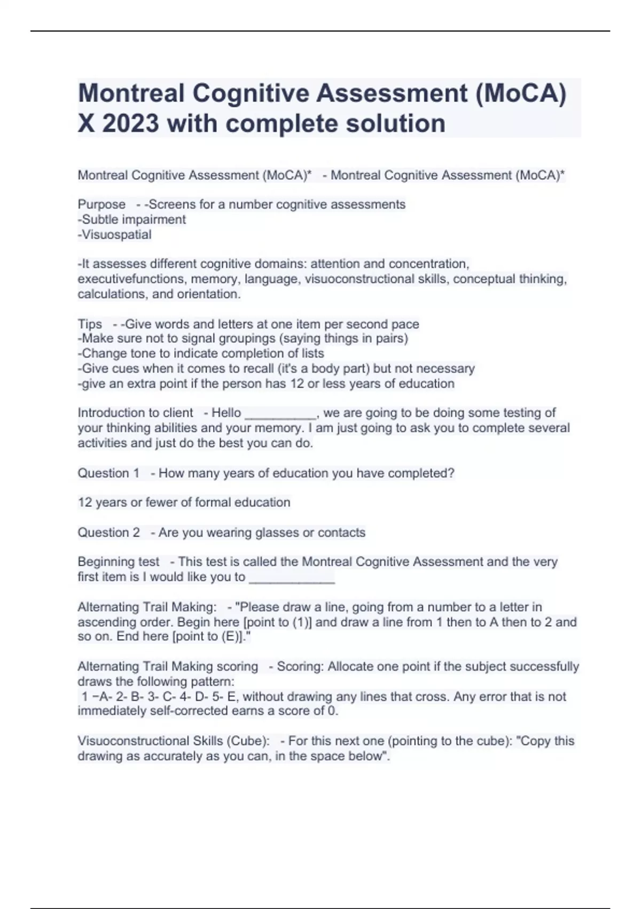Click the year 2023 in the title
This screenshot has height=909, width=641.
(130, 124)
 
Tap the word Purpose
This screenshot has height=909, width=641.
(101, 204)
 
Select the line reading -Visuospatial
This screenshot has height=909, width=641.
(114, 234)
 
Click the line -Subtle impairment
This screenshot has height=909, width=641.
(131, 219)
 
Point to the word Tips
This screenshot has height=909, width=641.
(90, 324)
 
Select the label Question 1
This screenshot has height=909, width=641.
(108, 473)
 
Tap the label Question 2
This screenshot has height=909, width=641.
(108, 533)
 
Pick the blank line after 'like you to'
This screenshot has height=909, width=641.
(292, 577)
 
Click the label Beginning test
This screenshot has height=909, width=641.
(118, 562)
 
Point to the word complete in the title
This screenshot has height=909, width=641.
(283, 124)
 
